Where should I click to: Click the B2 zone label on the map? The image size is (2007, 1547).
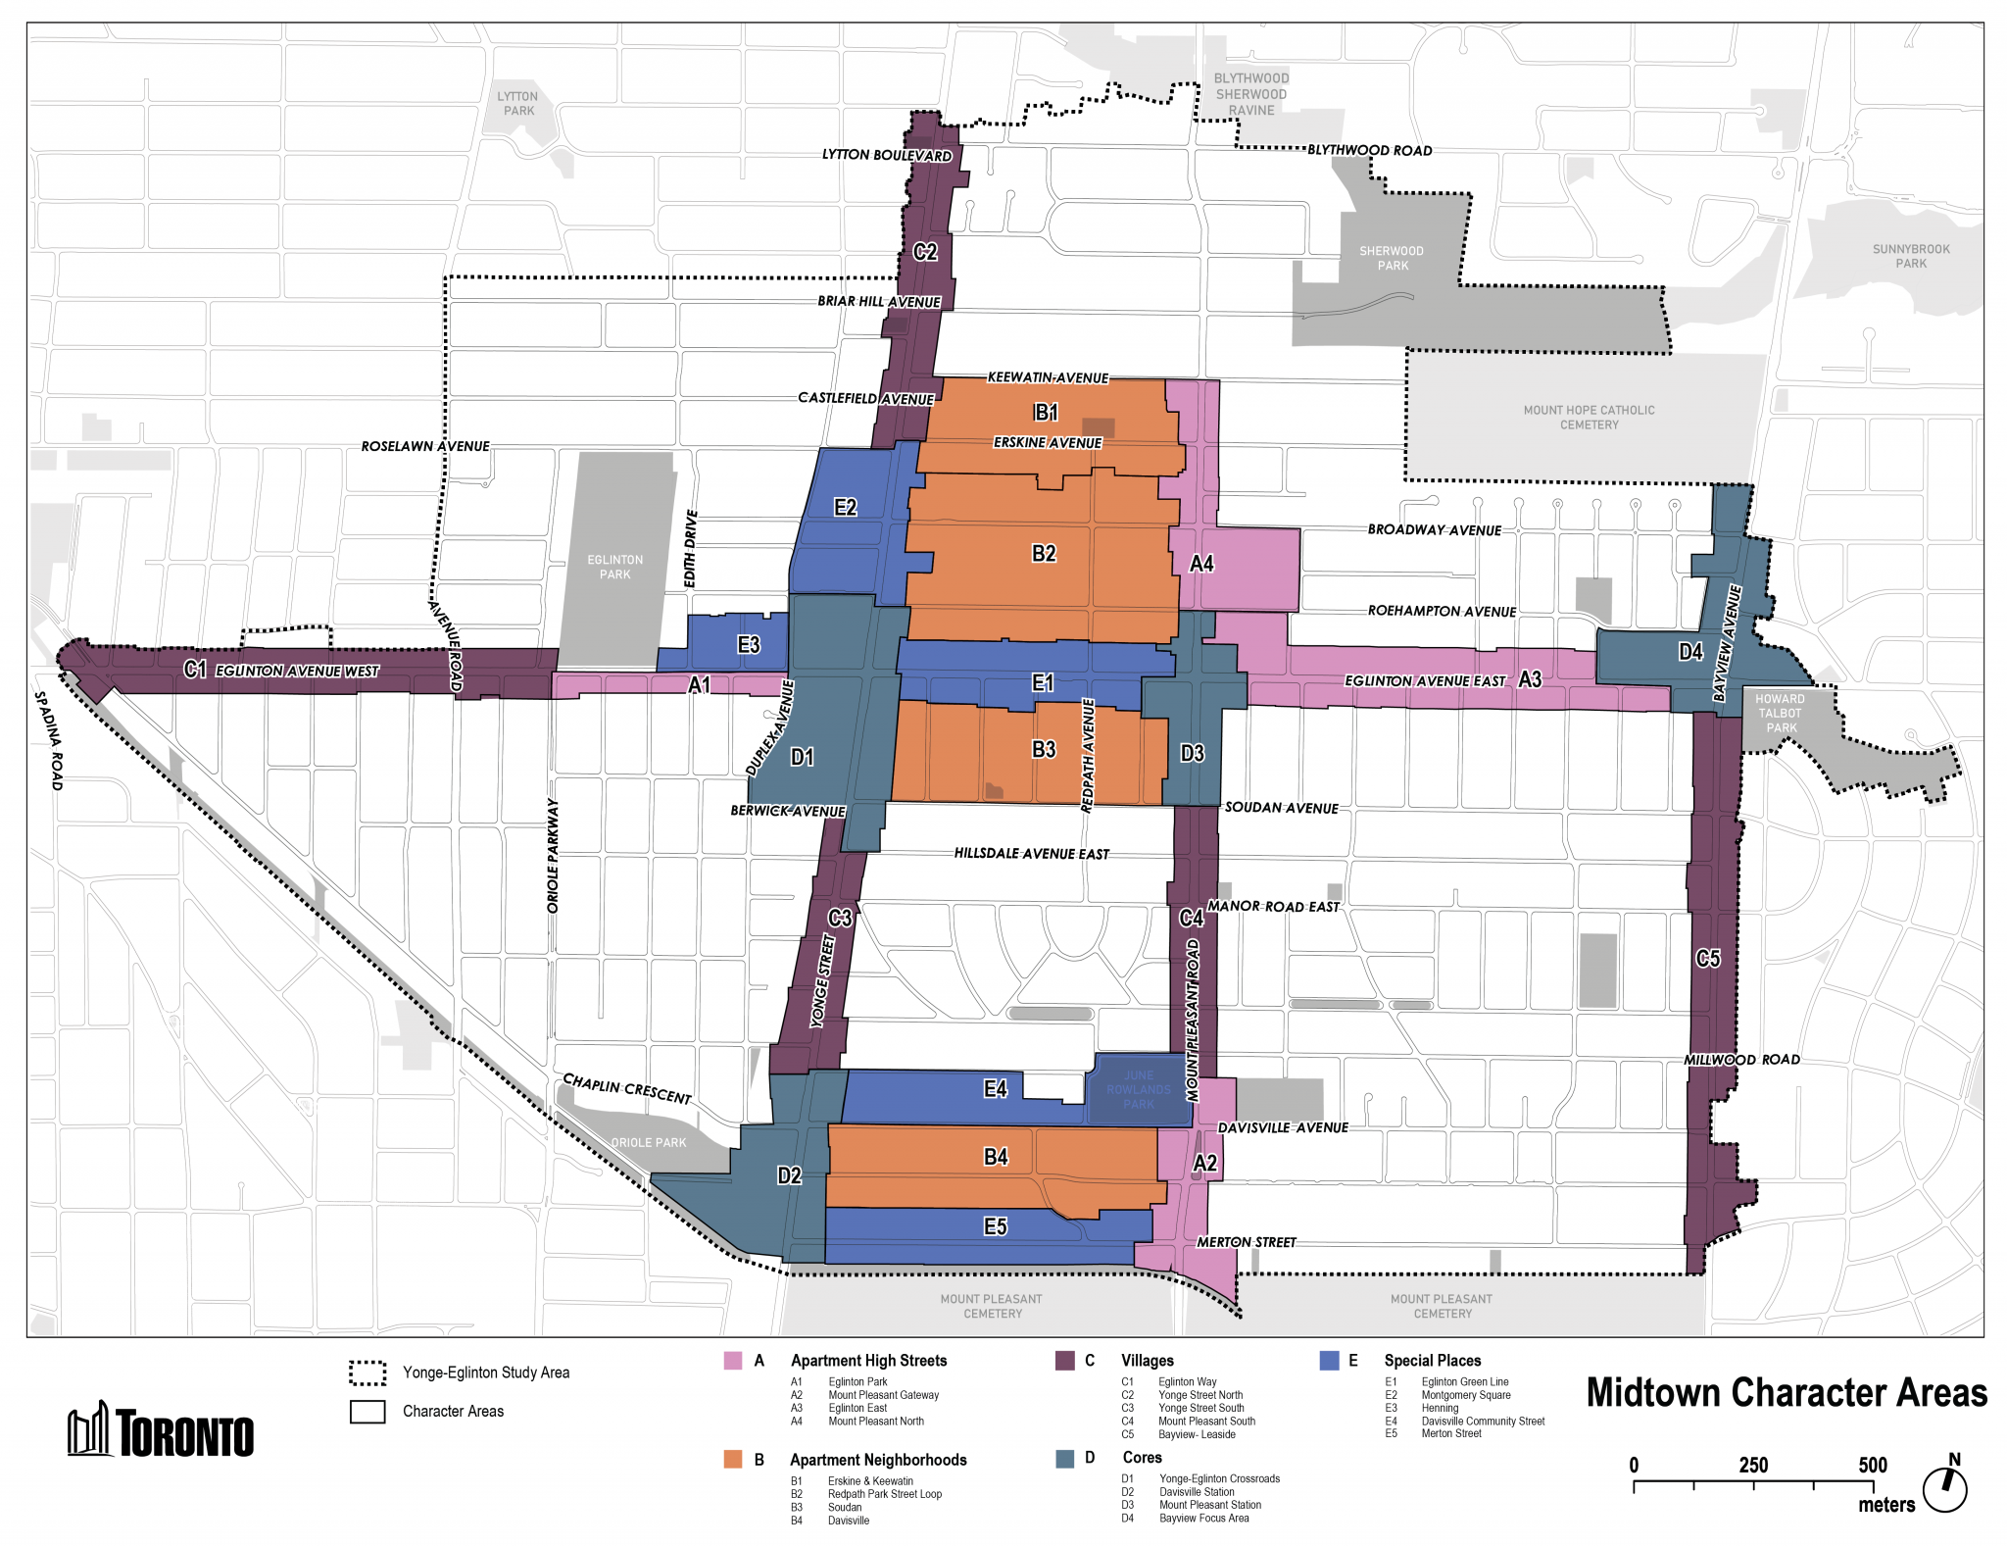coord(1044,554)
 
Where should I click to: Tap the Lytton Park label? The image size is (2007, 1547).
coord(517,104)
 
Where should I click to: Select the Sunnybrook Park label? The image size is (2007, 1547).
coord(1910,256)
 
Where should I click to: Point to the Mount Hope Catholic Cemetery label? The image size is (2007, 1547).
coord(1589,418)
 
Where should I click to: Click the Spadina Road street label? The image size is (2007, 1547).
coord(49,740)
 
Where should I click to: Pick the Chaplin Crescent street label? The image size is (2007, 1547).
coord(627,1088)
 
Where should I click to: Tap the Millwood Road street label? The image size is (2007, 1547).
coord(1741,1060)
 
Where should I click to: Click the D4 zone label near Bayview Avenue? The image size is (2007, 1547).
coord(1690,652)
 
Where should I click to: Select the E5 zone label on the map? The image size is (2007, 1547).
coord(995,1226)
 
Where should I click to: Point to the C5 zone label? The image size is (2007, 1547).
coord(1708,959)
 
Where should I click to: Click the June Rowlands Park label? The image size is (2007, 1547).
coord(1138,1090)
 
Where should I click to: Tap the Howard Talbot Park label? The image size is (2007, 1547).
coord(1781,713)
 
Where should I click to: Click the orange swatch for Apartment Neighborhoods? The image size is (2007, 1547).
coord(733,1459)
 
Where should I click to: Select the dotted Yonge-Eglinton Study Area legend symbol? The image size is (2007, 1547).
coord(367,1373)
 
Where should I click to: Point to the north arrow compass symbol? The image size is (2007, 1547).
coord(1945,1488)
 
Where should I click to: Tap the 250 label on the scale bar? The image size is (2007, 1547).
coord(1753,1466)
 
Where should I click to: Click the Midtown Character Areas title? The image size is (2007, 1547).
coord(1786,1393)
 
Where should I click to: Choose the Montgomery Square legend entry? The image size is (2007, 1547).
coord(1465,1395)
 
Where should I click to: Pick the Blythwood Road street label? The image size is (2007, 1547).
coord(1369,151)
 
